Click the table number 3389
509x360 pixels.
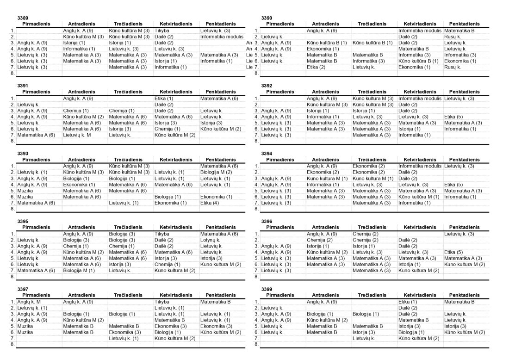(x=23, y=18)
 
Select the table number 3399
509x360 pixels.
(x=267, y=289)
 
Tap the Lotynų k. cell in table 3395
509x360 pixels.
(x=210, y=240)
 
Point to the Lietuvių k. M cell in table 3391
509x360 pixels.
(x=77, y=135)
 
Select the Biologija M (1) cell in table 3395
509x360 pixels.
(x=79, y=270)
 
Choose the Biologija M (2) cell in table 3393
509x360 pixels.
(x=213, y=172)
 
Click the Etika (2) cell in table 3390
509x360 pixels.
(x=316, y=67)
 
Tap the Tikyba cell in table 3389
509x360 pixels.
(x=161, y=31)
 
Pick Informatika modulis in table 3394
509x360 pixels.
(x=420, y=166)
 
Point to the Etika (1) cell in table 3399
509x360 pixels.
(x=408, y=302)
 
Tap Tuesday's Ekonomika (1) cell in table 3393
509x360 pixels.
(x=79, y=184)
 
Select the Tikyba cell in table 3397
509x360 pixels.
(x=161, y=302)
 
